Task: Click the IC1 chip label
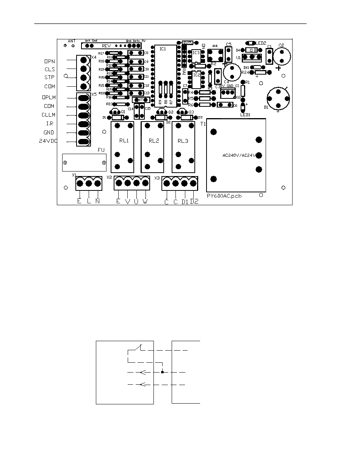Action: [163, 49]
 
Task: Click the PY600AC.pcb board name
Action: [224, 196]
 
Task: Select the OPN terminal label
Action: [50, 61]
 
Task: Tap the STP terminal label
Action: [50, 78]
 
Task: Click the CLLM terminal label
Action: [49, 115]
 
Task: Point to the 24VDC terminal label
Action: [47, 141]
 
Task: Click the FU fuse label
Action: [101, 150]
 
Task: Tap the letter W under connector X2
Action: [145, 201]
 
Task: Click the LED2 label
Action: [260, 43]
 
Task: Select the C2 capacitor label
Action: [281, 45]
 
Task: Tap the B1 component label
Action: [266, 107]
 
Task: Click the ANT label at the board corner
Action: [72, 41]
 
